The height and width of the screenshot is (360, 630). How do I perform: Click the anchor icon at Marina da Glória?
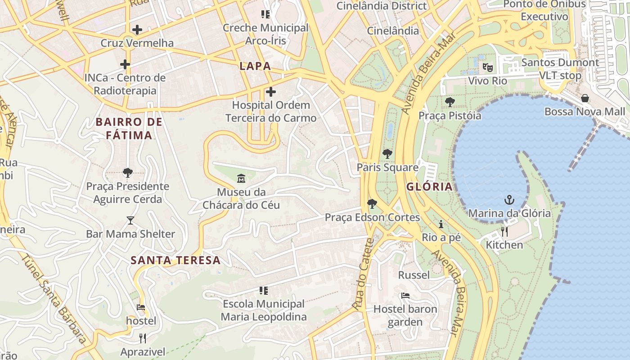[x=509, y=199]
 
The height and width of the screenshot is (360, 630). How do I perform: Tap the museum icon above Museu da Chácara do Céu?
[x=241, y=179]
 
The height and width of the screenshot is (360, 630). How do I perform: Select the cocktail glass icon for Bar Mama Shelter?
[x=130, y=220]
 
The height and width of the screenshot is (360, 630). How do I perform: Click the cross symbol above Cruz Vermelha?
[x=137, y=30]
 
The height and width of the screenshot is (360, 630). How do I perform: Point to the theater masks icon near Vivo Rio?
[x=487, y=67]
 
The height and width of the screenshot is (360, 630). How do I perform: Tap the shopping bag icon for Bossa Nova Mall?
[x=585, y=98]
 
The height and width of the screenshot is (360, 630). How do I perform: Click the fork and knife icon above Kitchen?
[x=504, y=231]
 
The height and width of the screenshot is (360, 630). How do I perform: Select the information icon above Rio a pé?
[x=441, y=224]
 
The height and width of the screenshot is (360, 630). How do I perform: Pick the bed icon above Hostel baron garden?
[x=405, y=296]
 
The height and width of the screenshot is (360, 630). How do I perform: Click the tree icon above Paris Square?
[x=387, y=154]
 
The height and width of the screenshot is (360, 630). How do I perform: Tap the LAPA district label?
[x=255, y=66]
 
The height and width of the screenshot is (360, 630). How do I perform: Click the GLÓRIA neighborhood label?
[x=429, y=187]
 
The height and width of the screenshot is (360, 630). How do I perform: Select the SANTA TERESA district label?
[x=175, y=260]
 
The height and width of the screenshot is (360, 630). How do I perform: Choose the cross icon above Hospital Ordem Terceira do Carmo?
[x=270, y=92]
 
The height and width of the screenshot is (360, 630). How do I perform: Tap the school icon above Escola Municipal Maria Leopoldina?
[x=264, y=290]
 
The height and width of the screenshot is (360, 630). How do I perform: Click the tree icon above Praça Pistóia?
[x=450, y=102]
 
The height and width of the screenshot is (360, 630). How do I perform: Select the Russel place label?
[x=414, y=274]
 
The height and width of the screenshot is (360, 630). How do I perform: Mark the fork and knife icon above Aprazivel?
[x=143, y=338]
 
